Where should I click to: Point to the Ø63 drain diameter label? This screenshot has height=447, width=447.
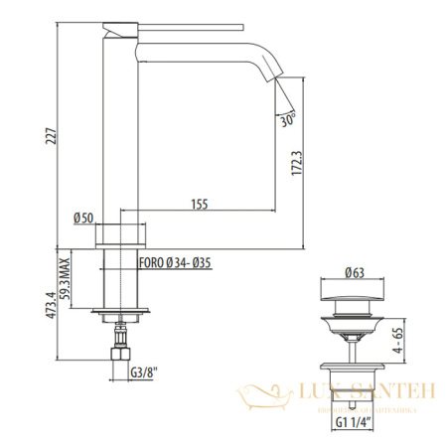pyautogui.click(x=354, y=272)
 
